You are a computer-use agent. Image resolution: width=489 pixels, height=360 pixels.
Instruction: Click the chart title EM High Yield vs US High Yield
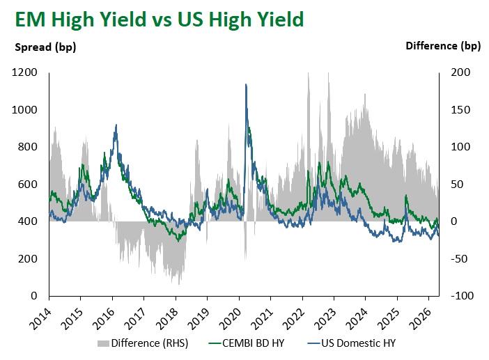tap(159, 19)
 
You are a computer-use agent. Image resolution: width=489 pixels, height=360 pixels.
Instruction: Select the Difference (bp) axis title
tap(443, 47)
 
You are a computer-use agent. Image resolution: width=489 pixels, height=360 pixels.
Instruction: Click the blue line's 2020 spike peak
tap(245, 85)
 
